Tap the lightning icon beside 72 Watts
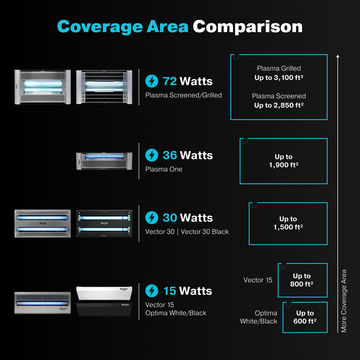pyautogui.click(x=152, y=81)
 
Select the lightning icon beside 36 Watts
pyautogui.click(x=152, y=155)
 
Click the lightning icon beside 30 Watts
pyautogui.click(x=152, y=217)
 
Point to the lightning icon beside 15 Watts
pyautogui.click(x=152, y=291)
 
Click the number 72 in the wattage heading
pyautogui.click(x=169, y=81)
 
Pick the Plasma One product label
pyautogui.click(x=164, y=169)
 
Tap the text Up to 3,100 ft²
pyautogui.click(x=279, y=77)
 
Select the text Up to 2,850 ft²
pyautogui.click(x=279, y=105)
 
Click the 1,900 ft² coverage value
pyautogui.click(x=283, y=165)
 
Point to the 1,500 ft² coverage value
pyautogui.click(x=288, y=227)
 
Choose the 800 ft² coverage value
pyautogui.click(x=302, y=284)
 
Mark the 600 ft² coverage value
pyautogui.click(x=305, y=321)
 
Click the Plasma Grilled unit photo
pyautogui.click(x=104, y=87)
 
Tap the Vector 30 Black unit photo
pyautogui.click(x=104, y=223)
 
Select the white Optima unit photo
pyautogui.click(x=104, y=293)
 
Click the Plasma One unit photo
pyautogui.click(x=104, y=161)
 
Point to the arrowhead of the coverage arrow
pyautogui.click(x=337, y=56)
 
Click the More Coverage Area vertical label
pyautogui.click(x=344, y=301)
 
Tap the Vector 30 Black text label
pyautogui.click(x=205, y=232)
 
